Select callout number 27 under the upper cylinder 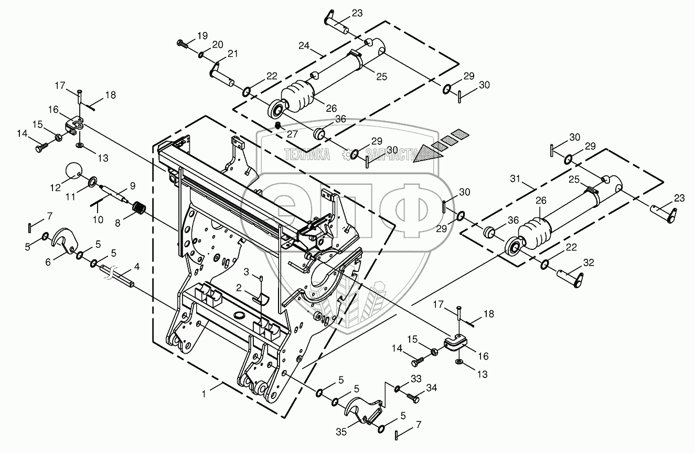[292, 134]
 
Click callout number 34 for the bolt [432, 388]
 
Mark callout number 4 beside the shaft [136, 267]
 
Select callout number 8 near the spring [117, 223]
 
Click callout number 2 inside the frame [238, 288]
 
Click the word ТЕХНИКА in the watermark [307, 154]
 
